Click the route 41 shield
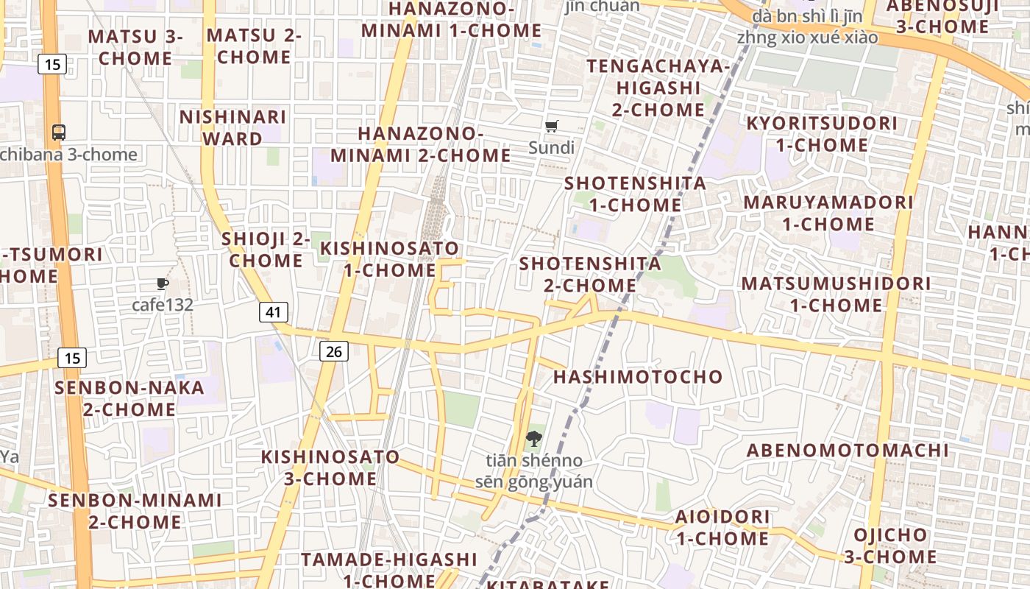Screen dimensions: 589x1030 coord(274,312)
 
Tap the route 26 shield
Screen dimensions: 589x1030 coord(334,351)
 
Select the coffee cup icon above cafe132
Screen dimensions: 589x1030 coord(163,283)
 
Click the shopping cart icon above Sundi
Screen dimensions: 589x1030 coord(552,126)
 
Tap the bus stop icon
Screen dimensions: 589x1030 coord(59,133)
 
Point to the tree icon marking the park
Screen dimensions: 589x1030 coord(533,440)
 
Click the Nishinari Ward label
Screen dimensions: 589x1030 coord(232,128)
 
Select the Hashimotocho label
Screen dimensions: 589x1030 coord(638,377)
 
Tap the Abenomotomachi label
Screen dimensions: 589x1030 coord(848,451)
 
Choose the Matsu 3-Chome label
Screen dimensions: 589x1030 coord(135,47)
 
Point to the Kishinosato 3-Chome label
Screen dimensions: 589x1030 coord(330,468)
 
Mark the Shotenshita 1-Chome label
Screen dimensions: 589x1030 coord(635,194)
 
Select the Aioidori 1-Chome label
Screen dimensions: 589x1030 coord(722,527)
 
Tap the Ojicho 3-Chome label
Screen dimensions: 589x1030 coord(890,546)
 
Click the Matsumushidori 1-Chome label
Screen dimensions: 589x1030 coord(836,294)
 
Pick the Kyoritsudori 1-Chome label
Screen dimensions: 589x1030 coord(823,134)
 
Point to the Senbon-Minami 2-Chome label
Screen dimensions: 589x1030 coord(135,511)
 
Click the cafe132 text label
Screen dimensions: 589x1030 coord(163,304)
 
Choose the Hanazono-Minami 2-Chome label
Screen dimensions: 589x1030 coord(420,144)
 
